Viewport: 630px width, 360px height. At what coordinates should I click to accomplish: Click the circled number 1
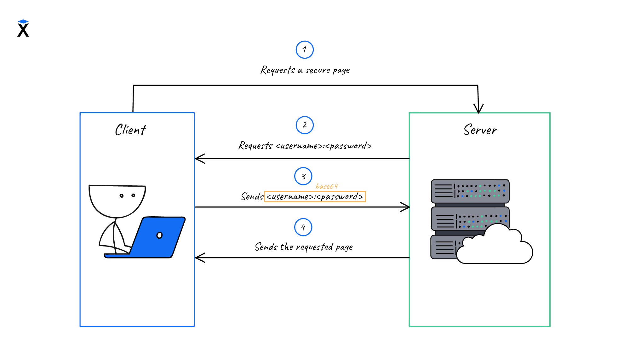pos(305,49)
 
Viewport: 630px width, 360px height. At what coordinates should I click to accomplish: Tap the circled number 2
pos(305,125)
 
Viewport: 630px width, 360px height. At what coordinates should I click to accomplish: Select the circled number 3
pos(303,176)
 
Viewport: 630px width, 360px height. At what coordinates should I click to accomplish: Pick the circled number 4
pos(303,227)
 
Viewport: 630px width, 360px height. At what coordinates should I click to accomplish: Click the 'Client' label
pos(131,130)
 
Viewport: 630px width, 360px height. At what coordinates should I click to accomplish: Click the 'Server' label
pos(480,130)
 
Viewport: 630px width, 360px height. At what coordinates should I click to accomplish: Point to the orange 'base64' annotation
pos(327,186)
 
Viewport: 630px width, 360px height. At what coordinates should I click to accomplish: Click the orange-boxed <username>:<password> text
pos(315,197)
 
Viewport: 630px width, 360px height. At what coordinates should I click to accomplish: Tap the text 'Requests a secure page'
pos(305,70)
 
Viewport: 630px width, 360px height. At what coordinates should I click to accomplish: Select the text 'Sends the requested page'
pos(304,247)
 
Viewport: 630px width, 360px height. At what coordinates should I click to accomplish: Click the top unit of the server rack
pos(470,191)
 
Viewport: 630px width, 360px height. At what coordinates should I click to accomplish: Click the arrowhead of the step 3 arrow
pos(406,207)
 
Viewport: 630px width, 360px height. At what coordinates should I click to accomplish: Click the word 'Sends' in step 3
pos(252,196)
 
